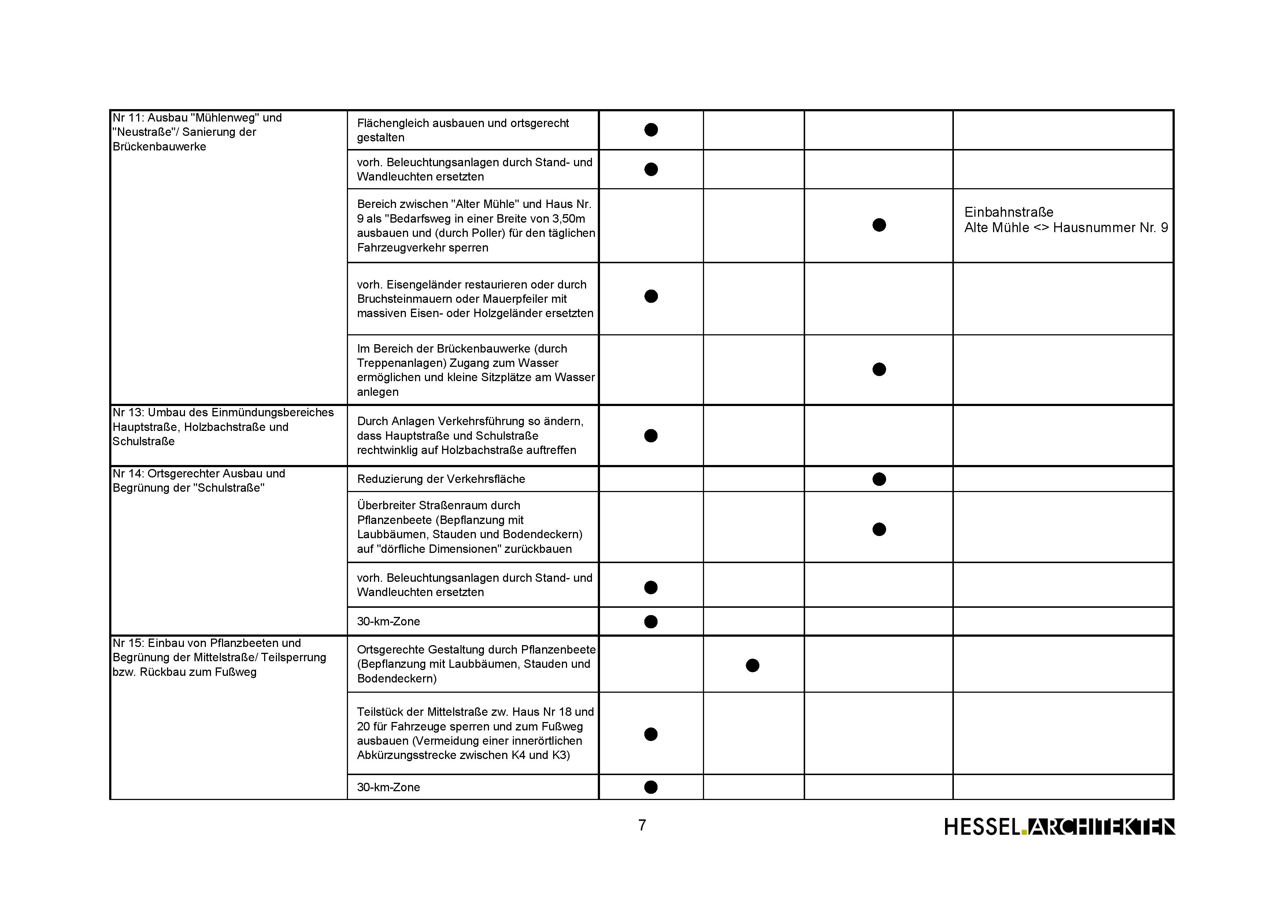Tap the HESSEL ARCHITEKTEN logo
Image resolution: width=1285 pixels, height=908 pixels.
pyautogui.click(x=1059, y=826)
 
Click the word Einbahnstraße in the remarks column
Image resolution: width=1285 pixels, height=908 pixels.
pyautogui.click(x=1008, y=212)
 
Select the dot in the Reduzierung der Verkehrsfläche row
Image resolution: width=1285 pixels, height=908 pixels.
pyautogui.click(x=879, y=479)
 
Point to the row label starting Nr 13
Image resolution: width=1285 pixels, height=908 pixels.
pyautogui.click(x=223, y=427)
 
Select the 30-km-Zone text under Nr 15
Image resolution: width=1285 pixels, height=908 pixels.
pyautogui.click(x=388, y=787)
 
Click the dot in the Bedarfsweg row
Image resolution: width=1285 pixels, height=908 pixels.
pyautogui.click(x=879, y=225)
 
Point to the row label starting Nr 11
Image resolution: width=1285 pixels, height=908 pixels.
pyautogui.click(x=197, y=132)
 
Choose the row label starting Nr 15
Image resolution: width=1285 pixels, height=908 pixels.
pyautogui.click(x=219, y=657)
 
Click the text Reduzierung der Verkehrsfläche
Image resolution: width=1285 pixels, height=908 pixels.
pyautogui.click(x=441, y=479)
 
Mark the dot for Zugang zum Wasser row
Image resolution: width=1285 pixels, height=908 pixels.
pyautogui.click(x=879, y=369)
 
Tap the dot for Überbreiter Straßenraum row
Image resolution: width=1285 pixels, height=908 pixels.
pyautogui.click(x=879, y=529)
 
